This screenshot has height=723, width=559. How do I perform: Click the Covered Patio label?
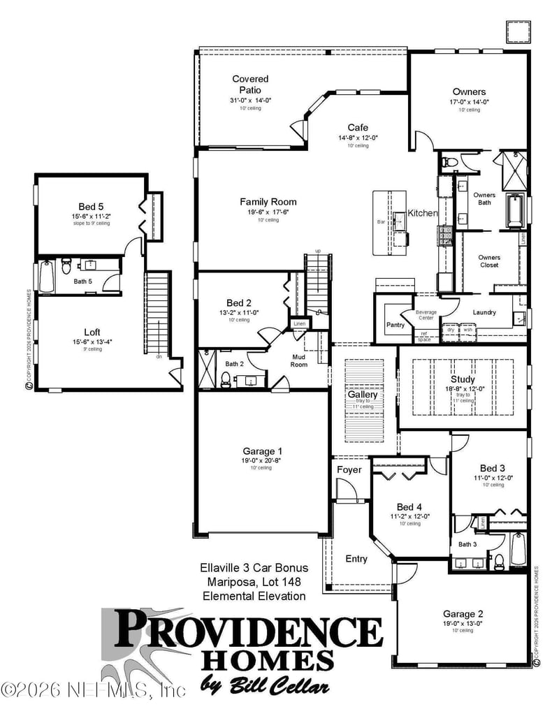pyautogui.click(x=250, y=85)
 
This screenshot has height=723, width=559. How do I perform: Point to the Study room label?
pyautogui.click(x=463, y=379)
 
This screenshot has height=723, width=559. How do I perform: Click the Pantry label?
pyautogui.click(x=396, y=325)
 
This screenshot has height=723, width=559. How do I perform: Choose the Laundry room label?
pyautogui.click(x=484, y=312)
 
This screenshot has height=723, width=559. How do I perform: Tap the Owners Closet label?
pyautogui.click(x=489, y=261)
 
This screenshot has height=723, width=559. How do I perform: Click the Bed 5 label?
pyautogui.click(x=91, y=207)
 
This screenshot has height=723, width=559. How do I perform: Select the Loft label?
pyautogui.click(x=92, y=333)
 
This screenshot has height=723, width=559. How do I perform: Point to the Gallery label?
pyautogui.click(x=363, y=395)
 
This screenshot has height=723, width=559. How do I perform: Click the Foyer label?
pyautogui.click(x=349, y=469)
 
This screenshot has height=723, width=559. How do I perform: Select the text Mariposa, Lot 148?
pyautogui.click(x=254, y=581)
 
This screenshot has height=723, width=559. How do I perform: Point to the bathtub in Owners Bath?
pyautogui.click(x=514, y=211)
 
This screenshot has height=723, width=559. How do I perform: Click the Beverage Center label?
pyautogui.click(x=426, y=315)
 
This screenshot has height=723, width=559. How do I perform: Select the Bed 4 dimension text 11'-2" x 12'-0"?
pyautogui.click(x=409, y=516)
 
